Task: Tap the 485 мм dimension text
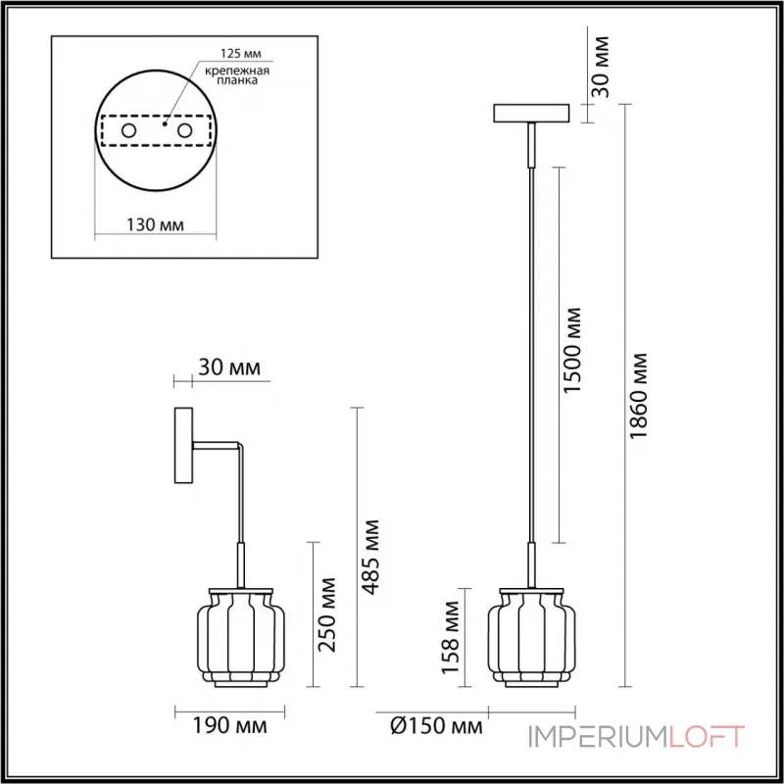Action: (x=373, y=555)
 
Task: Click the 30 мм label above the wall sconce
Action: (x=229, y=368)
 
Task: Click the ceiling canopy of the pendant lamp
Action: (x=532, y=113)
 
